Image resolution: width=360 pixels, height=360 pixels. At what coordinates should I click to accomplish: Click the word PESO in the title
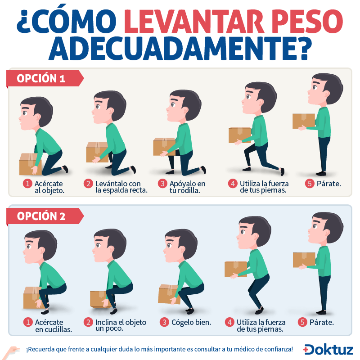(x=309, y=21)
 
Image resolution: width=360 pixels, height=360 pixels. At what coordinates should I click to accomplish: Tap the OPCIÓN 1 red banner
(x=45, y=78)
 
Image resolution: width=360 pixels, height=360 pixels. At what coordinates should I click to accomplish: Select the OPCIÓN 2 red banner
(x=45, y=216)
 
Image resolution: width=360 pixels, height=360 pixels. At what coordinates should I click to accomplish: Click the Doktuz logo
(x=328, y=350)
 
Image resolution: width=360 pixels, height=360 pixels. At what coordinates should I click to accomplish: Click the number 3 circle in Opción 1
(x=162, y=184)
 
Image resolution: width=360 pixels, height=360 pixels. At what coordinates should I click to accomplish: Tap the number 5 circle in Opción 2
(x=302, y=322)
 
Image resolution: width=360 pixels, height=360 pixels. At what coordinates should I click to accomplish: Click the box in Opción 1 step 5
(x=304, y=121)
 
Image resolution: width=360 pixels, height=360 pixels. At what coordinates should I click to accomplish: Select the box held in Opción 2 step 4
(x=236, y=269)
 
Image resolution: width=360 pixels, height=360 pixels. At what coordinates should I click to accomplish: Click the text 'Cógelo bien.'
(x=191, y=322)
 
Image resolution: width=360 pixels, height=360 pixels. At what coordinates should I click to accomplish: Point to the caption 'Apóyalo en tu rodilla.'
(x=187, y=187)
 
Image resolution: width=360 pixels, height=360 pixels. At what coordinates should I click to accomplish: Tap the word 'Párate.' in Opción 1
(x=329, y=184)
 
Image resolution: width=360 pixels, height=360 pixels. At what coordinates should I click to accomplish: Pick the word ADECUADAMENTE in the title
(x=180, y=49)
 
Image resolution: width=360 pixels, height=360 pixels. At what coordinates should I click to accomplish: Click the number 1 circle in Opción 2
(x=28, y=322)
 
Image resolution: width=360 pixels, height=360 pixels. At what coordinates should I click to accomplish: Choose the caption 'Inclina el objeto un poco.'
(x=121, y=325)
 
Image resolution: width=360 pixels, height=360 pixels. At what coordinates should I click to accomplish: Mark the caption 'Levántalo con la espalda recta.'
(x=121, y=187)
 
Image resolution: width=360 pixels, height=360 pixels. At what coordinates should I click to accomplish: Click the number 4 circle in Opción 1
(x=233, y=184)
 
